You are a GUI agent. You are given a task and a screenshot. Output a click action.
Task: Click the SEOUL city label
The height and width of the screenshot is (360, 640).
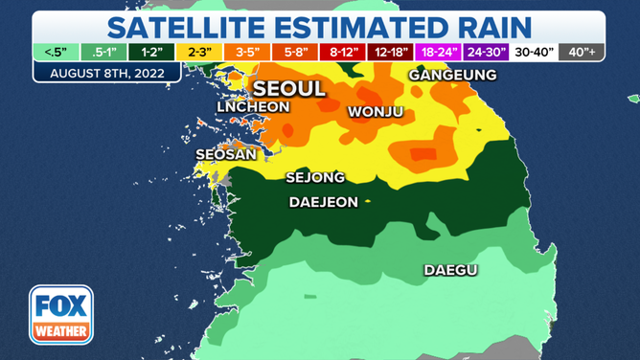point(288,89)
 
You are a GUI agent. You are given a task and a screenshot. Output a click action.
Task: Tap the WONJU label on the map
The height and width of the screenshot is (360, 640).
point(375,112)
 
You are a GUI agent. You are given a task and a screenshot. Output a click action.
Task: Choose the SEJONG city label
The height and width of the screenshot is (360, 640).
point(315,177)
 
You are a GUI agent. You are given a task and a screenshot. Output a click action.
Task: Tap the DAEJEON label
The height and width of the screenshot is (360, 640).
point(323,202)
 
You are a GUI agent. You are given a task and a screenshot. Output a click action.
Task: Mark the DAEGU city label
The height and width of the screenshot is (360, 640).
point(450,271)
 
